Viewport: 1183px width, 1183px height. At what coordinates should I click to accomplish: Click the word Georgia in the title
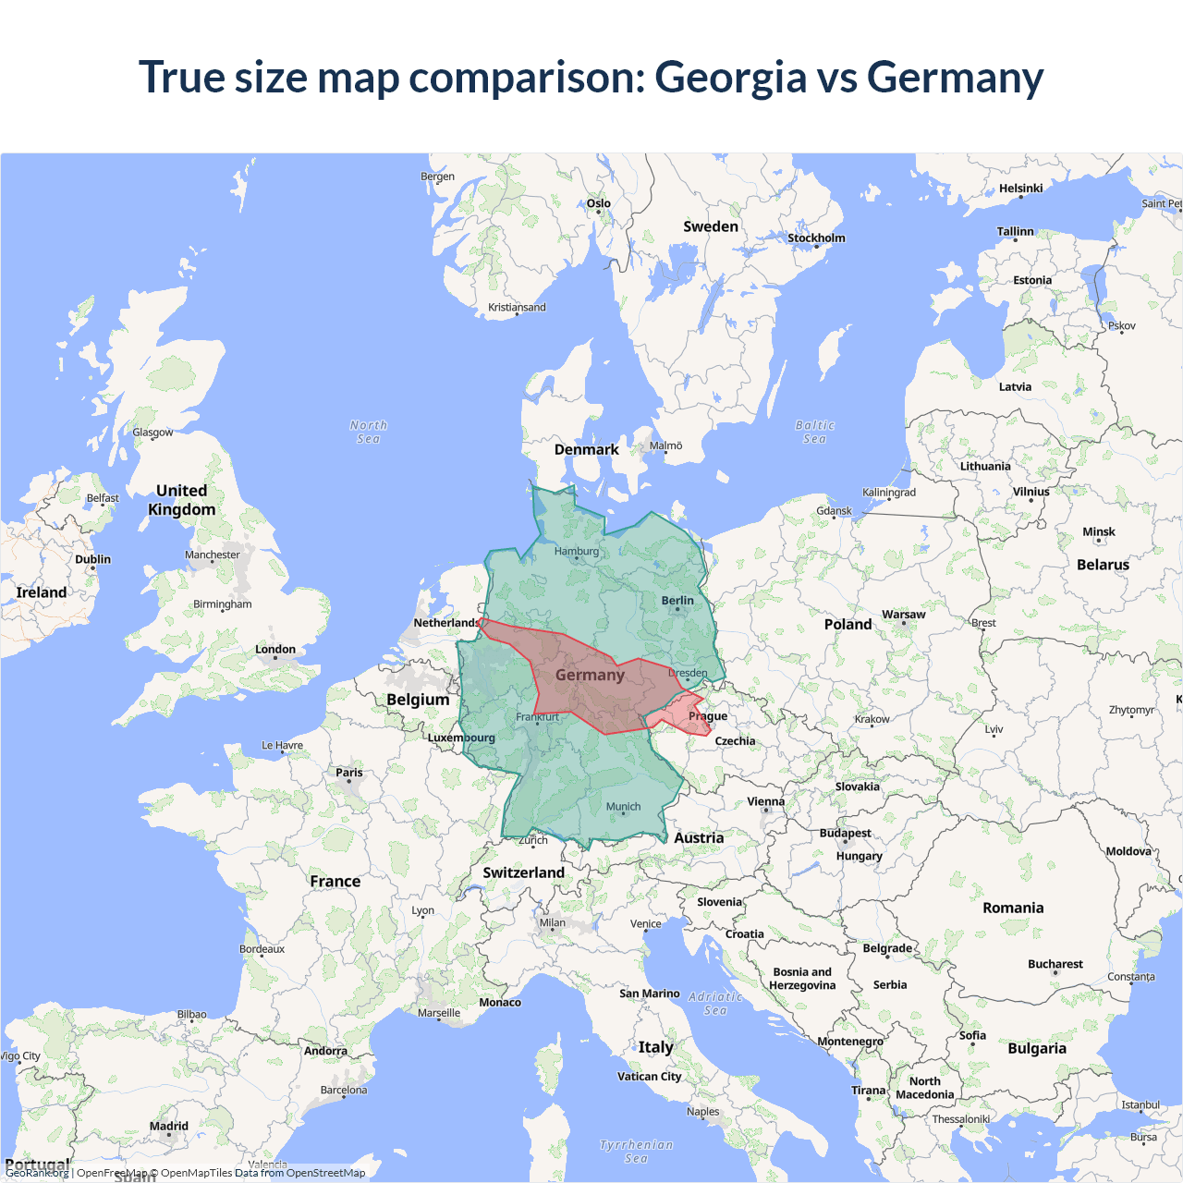(730, 78)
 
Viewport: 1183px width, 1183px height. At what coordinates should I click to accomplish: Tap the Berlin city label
(677, 601)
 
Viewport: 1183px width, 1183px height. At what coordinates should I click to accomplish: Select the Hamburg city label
(577, 552)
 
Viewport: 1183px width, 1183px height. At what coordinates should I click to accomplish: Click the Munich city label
(623, 807)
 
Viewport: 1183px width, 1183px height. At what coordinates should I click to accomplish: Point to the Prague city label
(708, 716)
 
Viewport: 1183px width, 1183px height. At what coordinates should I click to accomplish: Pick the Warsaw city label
(903, 615)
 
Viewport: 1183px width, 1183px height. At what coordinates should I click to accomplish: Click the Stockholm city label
(816, 238)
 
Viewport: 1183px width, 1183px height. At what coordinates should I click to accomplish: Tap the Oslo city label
(598, 203)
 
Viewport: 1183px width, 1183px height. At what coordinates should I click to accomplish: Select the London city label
(275, 650)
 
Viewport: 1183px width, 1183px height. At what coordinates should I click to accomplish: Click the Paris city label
(349, 773)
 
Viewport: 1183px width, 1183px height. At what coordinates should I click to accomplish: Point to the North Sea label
(369, 432)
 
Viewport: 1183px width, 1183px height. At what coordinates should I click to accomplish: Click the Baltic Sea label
(814, 432)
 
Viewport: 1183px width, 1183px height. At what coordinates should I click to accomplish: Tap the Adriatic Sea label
(715, 1003)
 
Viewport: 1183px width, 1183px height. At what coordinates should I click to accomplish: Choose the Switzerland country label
(523, 872)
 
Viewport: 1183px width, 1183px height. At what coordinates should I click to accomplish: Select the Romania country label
(1013, 909)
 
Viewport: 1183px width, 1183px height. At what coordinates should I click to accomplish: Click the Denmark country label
(586, 450)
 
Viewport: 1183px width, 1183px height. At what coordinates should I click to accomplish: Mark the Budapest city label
(845, 833)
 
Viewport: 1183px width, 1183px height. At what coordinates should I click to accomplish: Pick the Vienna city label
(765, 802)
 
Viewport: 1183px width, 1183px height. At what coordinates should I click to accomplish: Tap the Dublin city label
(92, 559)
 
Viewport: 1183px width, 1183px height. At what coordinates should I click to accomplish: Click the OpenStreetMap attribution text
(325, 1173)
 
